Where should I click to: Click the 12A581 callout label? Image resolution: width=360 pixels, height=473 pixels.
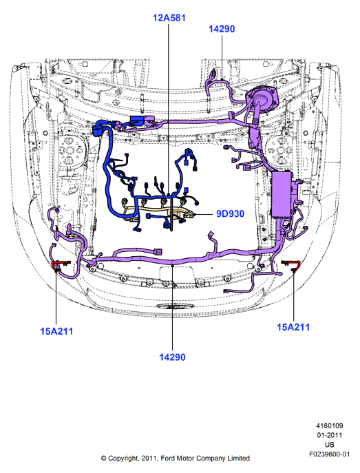click(169, 18)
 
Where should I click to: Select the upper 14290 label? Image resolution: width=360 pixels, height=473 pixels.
click(222, 29)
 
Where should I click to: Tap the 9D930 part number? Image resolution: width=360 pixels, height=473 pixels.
click(231, 214)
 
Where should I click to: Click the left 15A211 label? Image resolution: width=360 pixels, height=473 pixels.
click(56, 331)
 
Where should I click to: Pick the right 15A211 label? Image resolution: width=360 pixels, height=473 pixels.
click(293, 327)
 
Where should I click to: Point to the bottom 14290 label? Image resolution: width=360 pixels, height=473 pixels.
click(172, 357)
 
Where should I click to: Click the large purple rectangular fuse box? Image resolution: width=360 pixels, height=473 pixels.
click(282, 194)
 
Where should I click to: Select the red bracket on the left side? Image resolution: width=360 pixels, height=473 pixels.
click(61, 264)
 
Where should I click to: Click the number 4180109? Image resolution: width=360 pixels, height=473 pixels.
click(330, 425)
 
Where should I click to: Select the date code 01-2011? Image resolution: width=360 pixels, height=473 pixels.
click(330, 435)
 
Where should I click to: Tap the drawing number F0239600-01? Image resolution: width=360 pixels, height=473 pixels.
click(330, 454)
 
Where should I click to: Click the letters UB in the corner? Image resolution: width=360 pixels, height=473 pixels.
click(330, 445)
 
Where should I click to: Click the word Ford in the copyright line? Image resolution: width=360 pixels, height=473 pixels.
click(168, 459)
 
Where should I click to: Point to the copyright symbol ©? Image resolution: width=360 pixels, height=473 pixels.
click(103, 459)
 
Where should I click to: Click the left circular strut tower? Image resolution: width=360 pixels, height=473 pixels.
click(70, 150)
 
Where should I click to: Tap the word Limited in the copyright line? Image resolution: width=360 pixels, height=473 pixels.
click(238, 459)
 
